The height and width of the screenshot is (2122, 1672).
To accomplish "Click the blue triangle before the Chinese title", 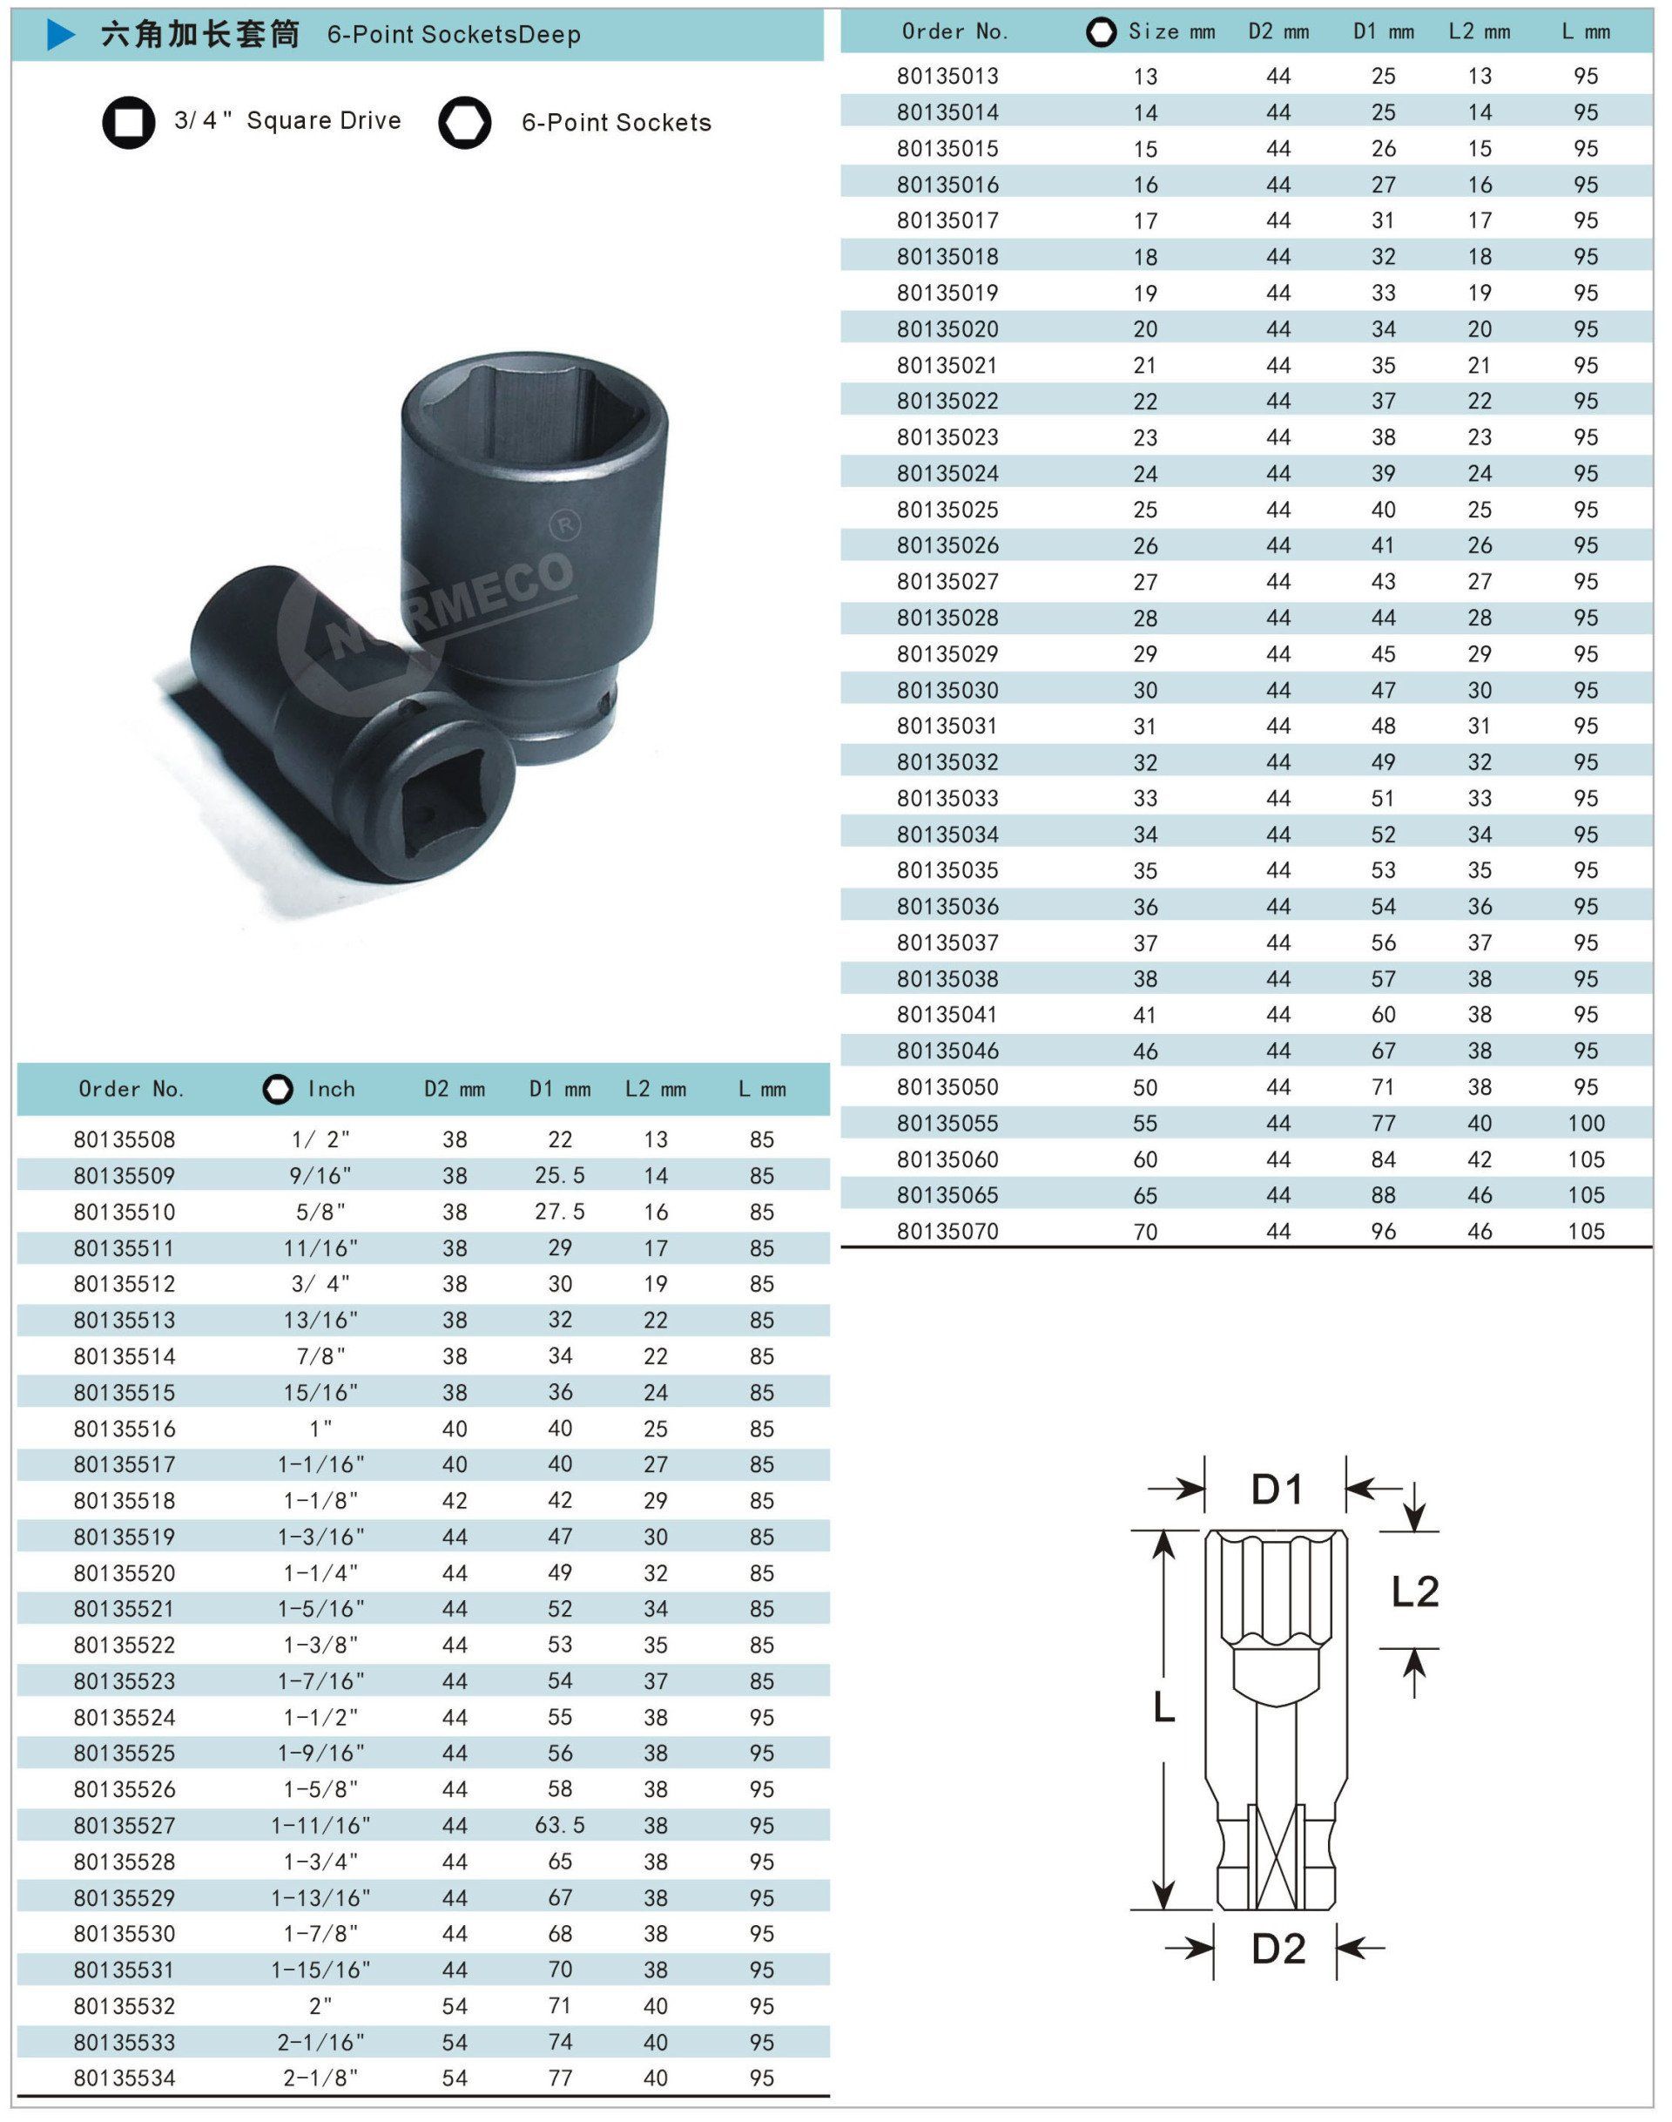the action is coord(61,35).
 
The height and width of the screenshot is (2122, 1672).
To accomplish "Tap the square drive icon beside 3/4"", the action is coord(128,123).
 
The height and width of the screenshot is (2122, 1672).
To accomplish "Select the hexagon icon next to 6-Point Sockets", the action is coord(464,123).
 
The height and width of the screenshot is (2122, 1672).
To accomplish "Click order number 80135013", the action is coord(947,77).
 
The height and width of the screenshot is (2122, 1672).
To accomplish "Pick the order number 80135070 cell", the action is coord(947,1231).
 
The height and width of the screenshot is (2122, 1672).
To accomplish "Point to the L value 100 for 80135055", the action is coord(1585,1123).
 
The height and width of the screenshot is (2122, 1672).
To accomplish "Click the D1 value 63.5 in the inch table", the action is coord(560,1825).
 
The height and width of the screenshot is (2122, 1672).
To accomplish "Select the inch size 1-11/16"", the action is coord(321,1825).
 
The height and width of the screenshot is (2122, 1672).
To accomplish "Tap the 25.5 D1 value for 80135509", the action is coord(560,1175).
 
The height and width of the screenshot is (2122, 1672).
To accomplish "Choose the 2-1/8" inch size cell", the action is coord(321,2078).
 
